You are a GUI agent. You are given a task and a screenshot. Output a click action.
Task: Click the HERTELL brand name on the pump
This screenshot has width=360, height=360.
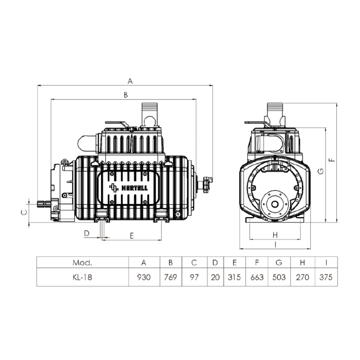[134, 188]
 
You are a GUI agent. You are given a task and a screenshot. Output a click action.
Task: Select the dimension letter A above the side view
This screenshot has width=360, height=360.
[130, 81]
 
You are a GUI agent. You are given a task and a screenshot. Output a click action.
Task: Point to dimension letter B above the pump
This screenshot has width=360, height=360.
[126, 95]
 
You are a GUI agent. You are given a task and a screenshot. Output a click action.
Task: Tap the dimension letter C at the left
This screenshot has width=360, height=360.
[24, 213]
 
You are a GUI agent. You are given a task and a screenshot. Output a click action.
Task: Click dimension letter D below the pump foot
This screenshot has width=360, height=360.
[86, 233]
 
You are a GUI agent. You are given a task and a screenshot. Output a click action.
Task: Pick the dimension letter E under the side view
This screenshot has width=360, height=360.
[132, 236]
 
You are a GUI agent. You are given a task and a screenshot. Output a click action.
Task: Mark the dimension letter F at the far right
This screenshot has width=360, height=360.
[332, 160]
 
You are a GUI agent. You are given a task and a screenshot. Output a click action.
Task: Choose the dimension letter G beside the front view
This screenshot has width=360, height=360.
[321, 171]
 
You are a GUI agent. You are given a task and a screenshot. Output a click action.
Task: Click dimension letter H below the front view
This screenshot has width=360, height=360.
[275, 235]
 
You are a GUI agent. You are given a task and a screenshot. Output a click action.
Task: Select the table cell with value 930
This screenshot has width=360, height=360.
[144, 277]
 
